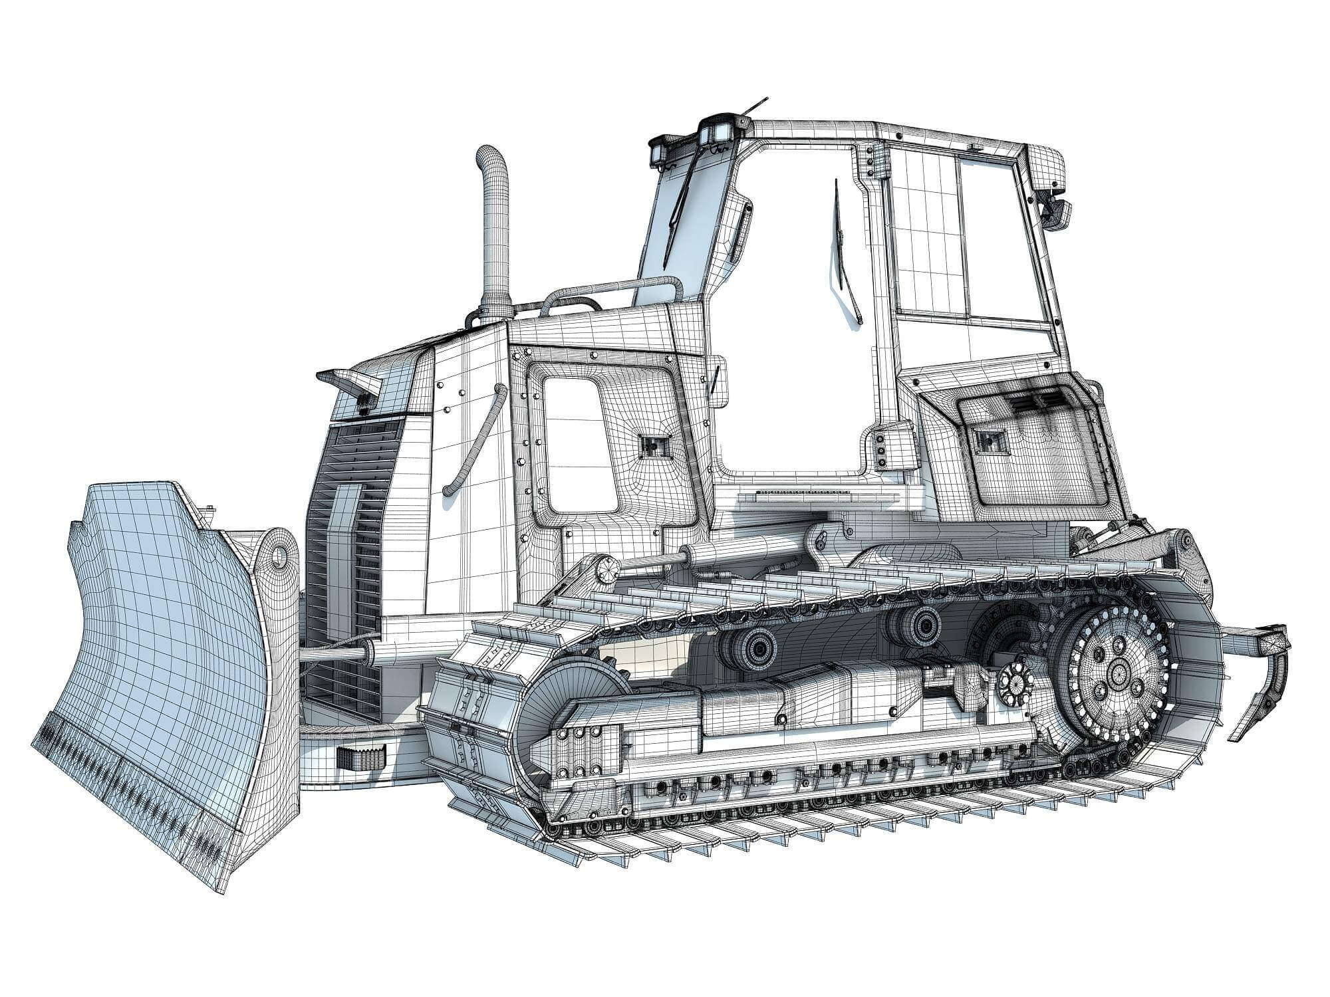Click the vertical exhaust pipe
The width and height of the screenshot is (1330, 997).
(494, 233)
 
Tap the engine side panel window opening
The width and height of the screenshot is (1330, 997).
(579, 442)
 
